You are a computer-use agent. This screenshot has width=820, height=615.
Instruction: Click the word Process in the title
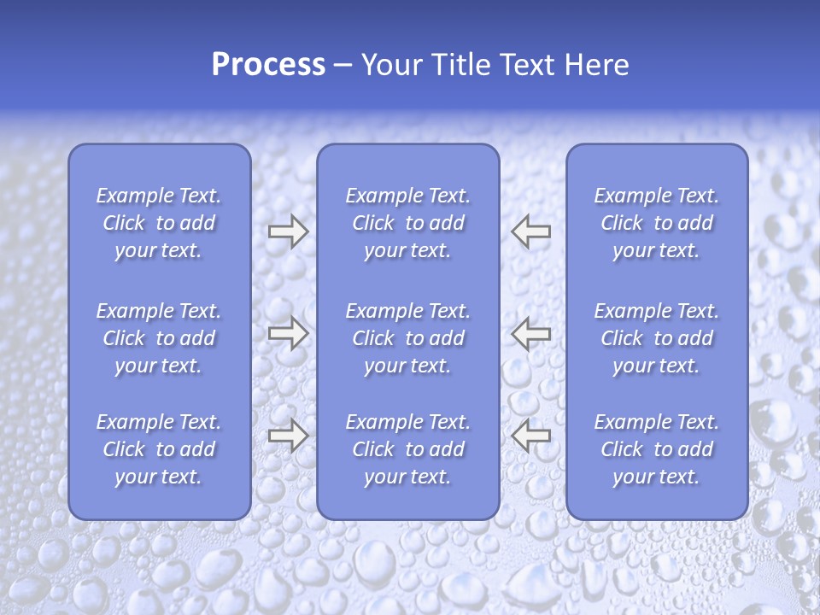[x=268, y=65]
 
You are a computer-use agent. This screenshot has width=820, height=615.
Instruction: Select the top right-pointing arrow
[x=288, y=231]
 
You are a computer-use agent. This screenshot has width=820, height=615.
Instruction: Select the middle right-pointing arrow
[x=288, y=333]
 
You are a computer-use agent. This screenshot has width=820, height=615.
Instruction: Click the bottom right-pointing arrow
[x=288, y=435]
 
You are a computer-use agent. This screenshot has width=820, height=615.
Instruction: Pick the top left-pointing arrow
[x=531, y=231]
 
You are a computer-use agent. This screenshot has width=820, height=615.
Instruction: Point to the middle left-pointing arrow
[x=531, y=333]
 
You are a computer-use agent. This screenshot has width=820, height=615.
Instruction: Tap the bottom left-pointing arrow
[x=531, y=435]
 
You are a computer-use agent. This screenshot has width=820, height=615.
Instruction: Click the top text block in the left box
[x=159, y=223]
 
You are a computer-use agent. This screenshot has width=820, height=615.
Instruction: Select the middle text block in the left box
[x=159, y=338]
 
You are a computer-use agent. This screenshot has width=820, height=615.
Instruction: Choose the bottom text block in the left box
[x=159, y=449]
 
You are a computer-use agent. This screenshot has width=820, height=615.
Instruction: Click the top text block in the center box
[x=407, y=223]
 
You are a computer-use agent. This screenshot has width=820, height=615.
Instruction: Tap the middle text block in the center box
[x=407, y=338]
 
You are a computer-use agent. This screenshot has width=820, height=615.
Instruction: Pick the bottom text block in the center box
[x=407, y=449]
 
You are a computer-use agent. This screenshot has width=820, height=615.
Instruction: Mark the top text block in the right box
[x=656, y=223]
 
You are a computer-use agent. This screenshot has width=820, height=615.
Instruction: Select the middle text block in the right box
[x=656, y=338]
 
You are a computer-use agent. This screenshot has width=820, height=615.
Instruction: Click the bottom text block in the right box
[x=656, y=449]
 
